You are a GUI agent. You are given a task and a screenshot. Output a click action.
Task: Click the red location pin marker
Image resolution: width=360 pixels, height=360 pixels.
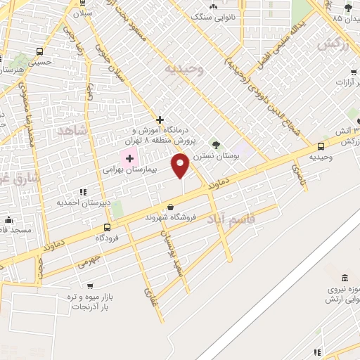coord(181,166)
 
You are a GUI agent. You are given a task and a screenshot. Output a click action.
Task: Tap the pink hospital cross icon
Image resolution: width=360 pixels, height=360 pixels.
coord(129,158)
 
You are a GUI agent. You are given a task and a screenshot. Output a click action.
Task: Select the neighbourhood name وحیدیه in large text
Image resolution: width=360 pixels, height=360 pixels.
coord(184,69)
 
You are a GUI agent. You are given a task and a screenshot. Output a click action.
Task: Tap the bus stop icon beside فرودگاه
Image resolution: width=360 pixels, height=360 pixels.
coord(107,227)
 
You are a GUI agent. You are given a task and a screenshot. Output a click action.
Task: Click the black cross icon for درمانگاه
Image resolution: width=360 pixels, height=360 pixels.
coord(160,120)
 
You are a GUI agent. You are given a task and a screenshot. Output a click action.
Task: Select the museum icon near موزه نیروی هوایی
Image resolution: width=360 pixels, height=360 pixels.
coord(344,278)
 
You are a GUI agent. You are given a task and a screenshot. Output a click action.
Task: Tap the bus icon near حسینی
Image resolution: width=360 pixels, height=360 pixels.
coord(38,51)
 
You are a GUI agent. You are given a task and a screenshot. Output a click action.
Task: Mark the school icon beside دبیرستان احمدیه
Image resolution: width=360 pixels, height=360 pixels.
coord(83,191)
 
